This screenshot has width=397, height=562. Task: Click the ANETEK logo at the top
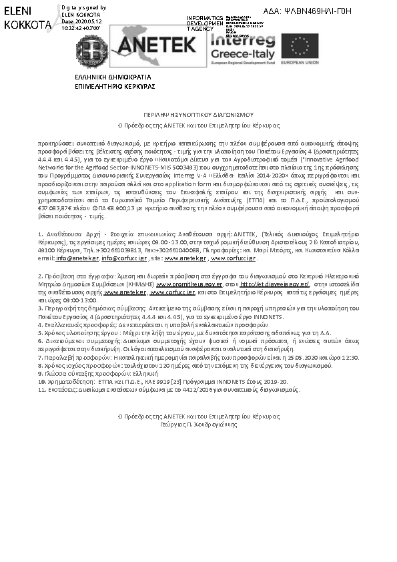point(156,43)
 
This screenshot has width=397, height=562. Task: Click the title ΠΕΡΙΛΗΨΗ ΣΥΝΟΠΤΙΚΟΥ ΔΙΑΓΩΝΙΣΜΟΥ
point(198,115)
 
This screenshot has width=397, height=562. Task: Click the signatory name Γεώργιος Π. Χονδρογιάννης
point(198,423)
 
